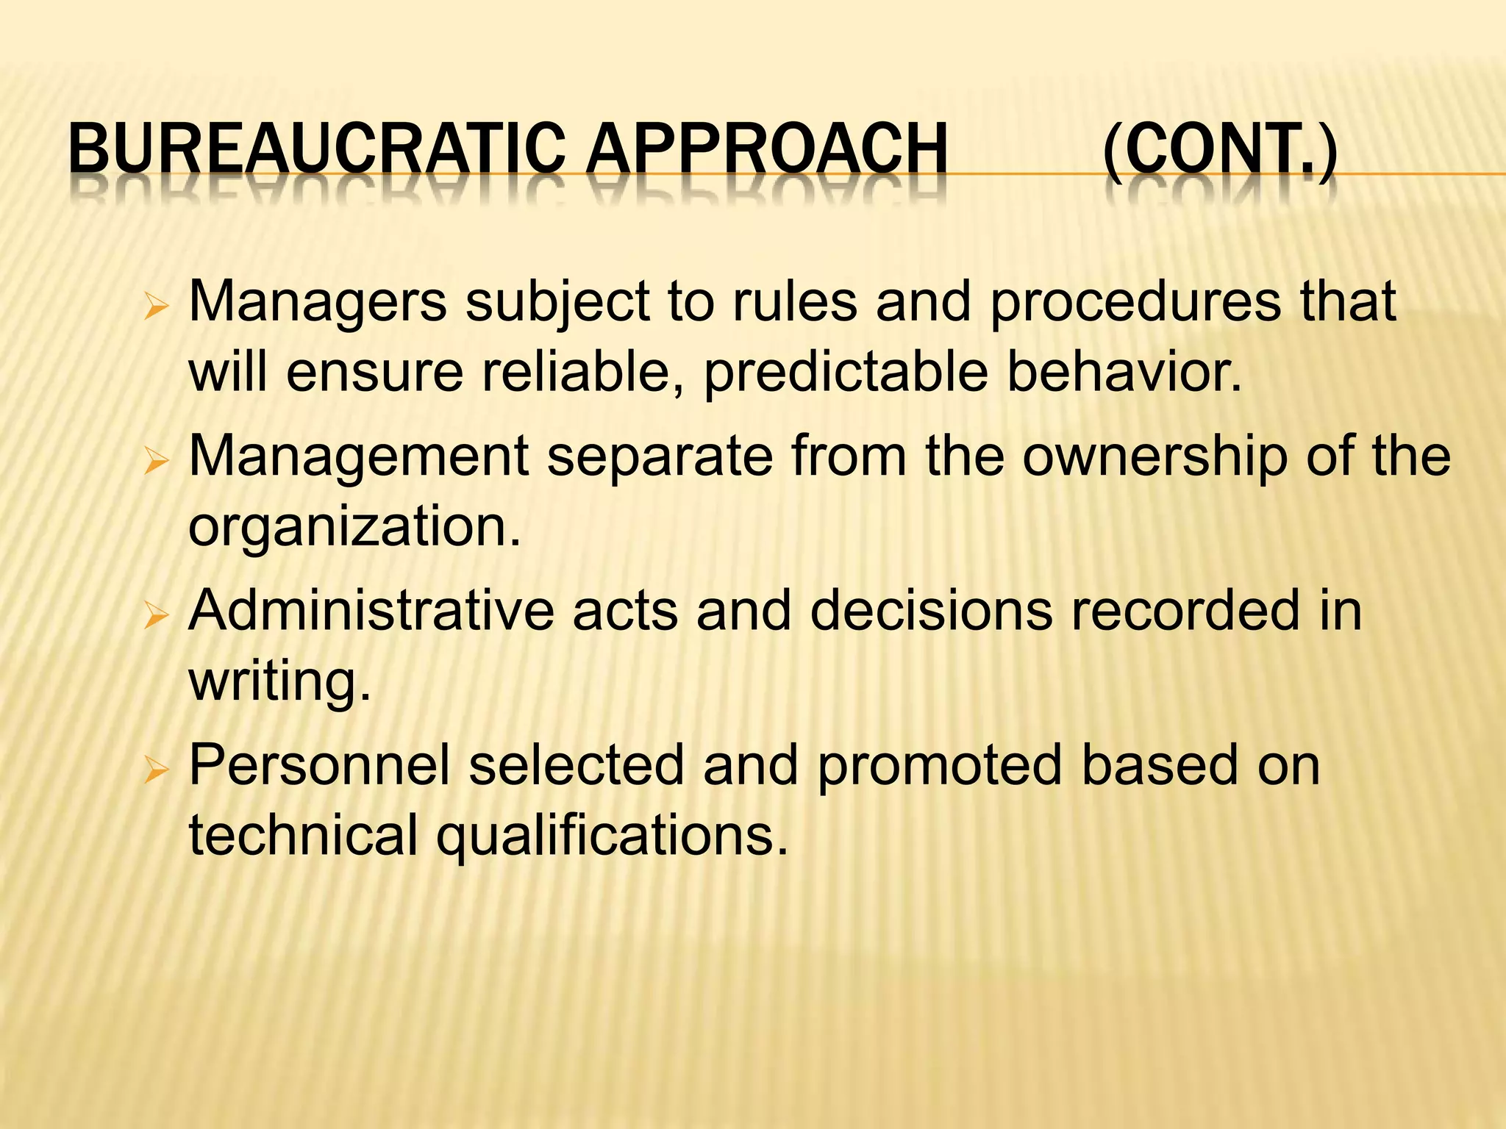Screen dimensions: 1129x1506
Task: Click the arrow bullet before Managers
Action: coord(157,306)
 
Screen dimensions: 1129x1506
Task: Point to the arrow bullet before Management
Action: coord(157,462)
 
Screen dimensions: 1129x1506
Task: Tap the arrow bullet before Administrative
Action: coord(157,614)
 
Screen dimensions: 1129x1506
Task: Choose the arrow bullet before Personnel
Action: coord(157,770)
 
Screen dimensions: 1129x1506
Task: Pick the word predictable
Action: coord(846,373)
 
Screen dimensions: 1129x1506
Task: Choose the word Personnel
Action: coord(319,766)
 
